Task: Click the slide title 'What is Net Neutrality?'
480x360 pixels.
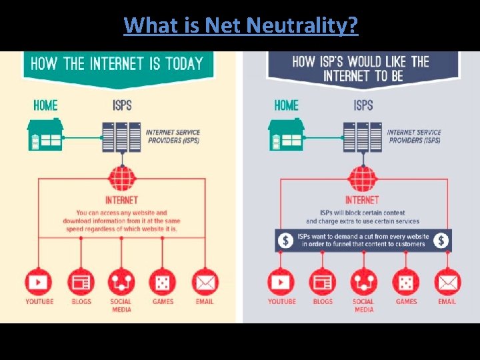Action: point(241,25)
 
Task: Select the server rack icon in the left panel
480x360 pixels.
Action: point(121,137)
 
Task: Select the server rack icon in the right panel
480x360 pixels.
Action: point(363,137)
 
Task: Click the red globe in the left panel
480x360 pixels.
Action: point(122,179)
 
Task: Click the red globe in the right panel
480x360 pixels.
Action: point(363,179)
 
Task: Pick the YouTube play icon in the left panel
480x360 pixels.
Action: point(39,283)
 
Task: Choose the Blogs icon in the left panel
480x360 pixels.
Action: point(81,283)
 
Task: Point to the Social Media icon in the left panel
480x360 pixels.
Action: point(121,283)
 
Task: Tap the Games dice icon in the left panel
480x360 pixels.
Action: point(163,283)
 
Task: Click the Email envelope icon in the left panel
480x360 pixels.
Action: point(205,283)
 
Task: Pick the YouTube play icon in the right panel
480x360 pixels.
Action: point(281,283)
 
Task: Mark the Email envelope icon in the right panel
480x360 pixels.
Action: point(447,283)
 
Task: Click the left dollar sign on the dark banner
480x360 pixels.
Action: point(286,241)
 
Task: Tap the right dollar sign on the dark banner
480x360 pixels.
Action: point(441,241)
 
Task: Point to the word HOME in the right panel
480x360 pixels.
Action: point(287,105)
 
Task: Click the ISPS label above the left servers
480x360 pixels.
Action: point(122,105)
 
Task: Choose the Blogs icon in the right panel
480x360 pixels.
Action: point(323,283)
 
